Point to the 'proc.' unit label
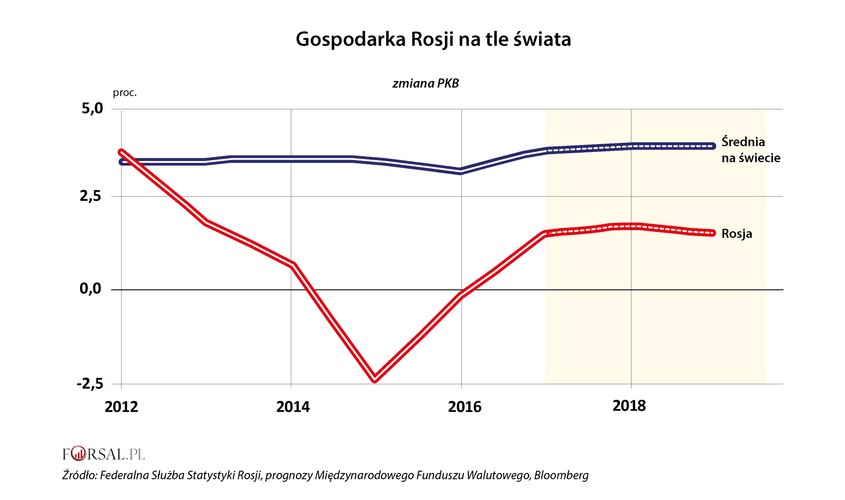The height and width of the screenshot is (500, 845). pos(126,92)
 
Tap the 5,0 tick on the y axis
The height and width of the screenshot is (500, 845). pos(90,109)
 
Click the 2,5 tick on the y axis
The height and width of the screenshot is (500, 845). pos(90,198)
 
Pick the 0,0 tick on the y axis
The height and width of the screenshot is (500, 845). pos(90,290)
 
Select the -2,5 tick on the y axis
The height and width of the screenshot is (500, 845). pos(88,383)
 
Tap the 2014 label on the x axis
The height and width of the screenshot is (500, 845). pos(290,406)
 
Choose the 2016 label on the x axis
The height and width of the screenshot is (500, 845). pos(461,406)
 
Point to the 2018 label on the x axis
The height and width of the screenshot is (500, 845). pos(631,406)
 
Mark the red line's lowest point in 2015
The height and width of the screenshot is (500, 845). pos(375,379)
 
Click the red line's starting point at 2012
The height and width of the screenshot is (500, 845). pos(121,152)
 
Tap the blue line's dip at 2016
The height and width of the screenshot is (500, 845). pos(460,171)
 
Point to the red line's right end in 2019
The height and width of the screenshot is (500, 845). pos(712,233)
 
